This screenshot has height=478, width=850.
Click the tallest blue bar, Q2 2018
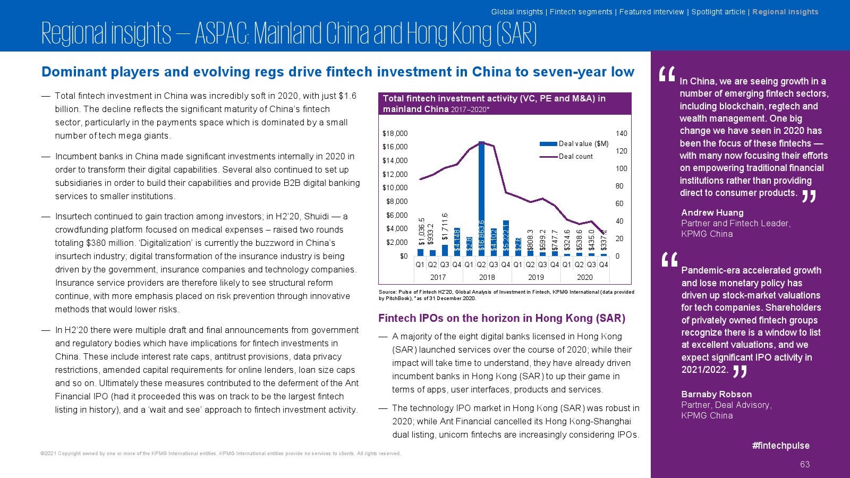pyautogui.click(x=481, y=199)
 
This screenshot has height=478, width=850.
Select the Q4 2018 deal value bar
pyautogui.click(x=506, y=238)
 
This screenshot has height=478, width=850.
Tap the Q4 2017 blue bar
pyautogui.click(x=457, y=242)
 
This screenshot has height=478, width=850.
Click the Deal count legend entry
pyautogui.click(x=566, y=156)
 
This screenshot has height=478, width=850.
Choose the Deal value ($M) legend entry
pyautogui.click(x=574, y=143)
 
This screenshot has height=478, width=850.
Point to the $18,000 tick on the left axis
pyautogui.click(x=395, y=133)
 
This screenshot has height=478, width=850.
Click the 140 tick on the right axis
pyautogui.click(x=621, y=133)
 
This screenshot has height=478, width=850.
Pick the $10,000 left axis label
pyautogui.click(x=395, y=188)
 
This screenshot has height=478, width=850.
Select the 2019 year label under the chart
pyautogui.click(x=536, y=277)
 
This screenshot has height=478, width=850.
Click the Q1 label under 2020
pyautogui.click(x=566, y=265)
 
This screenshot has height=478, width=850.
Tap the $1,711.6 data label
pyautogui.click(x=445, y=226)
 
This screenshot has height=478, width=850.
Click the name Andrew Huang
pyautogui.click(x=712, y=212)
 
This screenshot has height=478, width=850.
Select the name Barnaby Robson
pyautogui.click(x=717, y=394)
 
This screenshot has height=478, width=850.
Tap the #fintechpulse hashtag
pyautogui.click(x=780, y=446)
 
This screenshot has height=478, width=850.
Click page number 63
pyautogui.click(x=805, y=464)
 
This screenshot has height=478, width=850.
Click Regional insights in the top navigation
pyautogui.click(x=785, y=12)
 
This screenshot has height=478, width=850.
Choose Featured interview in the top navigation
pyautogui.click(x=651, y=12)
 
